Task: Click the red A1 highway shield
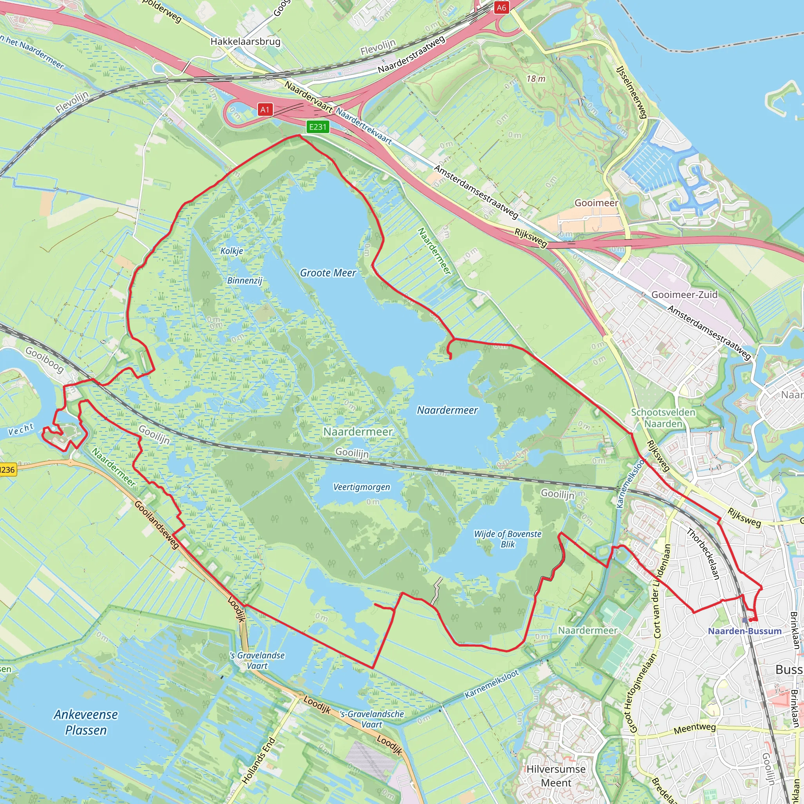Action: [265, 110]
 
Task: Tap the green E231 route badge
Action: [318, 126]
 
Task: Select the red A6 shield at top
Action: [501, 7]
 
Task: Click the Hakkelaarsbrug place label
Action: [245, 41]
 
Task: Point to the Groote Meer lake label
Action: [328, 273]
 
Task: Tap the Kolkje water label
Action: [232, 250]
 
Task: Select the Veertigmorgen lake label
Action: [362, 487]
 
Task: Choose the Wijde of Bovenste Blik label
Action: [508, 539]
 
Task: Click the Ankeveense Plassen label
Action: [86, 722]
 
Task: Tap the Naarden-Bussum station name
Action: [744, 631]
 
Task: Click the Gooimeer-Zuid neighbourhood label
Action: [684, 295]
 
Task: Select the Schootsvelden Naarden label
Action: [663, 418]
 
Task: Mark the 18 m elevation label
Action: [535, 79]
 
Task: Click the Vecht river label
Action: [21, 429]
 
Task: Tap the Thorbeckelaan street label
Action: [703, 554]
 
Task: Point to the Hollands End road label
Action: [258, 761]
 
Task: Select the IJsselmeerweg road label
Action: [632, 92]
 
